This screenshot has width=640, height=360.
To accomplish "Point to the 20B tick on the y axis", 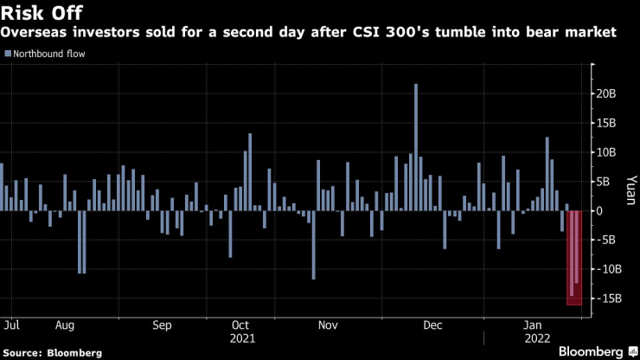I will click(x=605, y=93).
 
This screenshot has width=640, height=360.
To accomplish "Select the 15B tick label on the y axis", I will click(x=605, y=123).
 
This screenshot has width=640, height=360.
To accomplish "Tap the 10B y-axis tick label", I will click(x=605, y=152).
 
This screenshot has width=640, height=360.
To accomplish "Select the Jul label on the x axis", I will click(x=12, y=325).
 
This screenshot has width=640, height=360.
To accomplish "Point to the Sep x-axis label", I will click(x=163, y=325).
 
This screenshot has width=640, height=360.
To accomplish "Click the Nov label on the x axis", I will click(x=328, y=325).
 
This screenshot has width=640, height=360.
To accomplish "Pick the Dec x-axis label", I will click(x=433, y=325).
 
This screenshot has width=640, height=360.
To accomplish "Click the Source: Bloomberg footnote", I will click(x=53, y=353).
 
